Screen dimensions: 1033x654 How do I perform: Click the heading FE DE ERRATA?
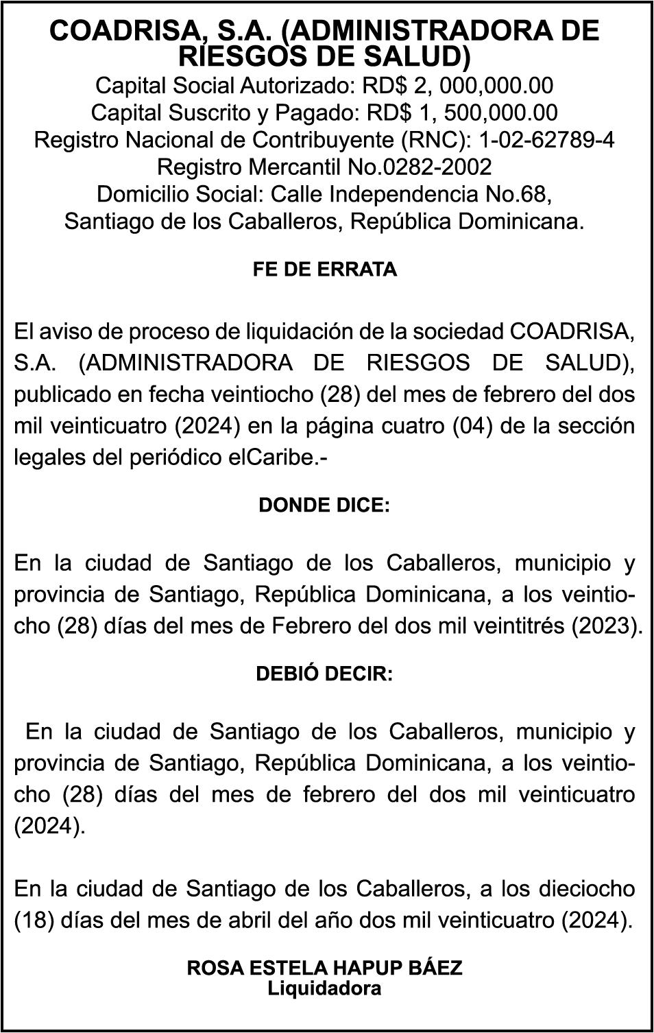pyautogui.click(x=325, y=270)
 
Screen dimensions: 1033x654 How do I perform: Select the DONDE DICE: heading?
pyautogui.click(x=324, y=506)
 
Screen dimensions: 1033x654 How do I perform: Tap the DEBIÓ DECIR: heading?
pyautogui.click(x=324, y=674)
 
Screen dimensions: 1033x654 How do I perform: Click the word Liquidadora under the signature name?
pyautogui.click(x=324, y=988)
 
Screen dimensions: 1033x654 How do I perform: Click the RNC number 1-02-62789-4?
pyautogui.click(x=547, y=140)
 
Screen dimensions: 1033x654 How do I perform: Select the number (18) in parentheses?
pyautogui.click(x=34, y=921)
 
